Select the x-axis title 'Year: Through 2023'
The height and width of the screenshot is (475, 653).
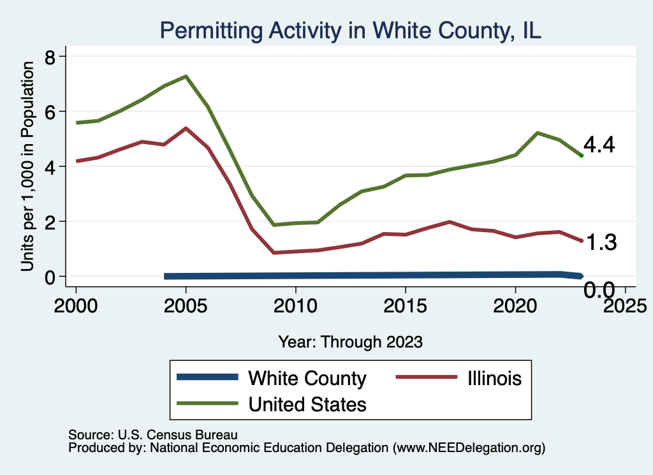(x=350, y=342)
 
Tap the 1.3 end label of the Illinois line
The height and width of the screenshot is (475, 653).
(x=600, y=242)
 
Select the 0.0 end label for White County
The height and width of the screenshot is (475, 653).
(x=599, y=291)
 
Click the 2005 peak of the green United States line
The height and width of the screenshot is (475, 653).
(x=186, y=77)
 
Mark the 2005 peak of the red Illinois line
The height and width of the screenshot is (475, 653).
(x=186, y=128)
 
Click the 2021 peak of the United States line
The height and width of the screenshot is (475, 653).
(x=537, y=133)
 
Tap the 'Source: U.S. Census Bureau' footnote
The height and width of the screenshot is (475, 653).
(x=152, y=435)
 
